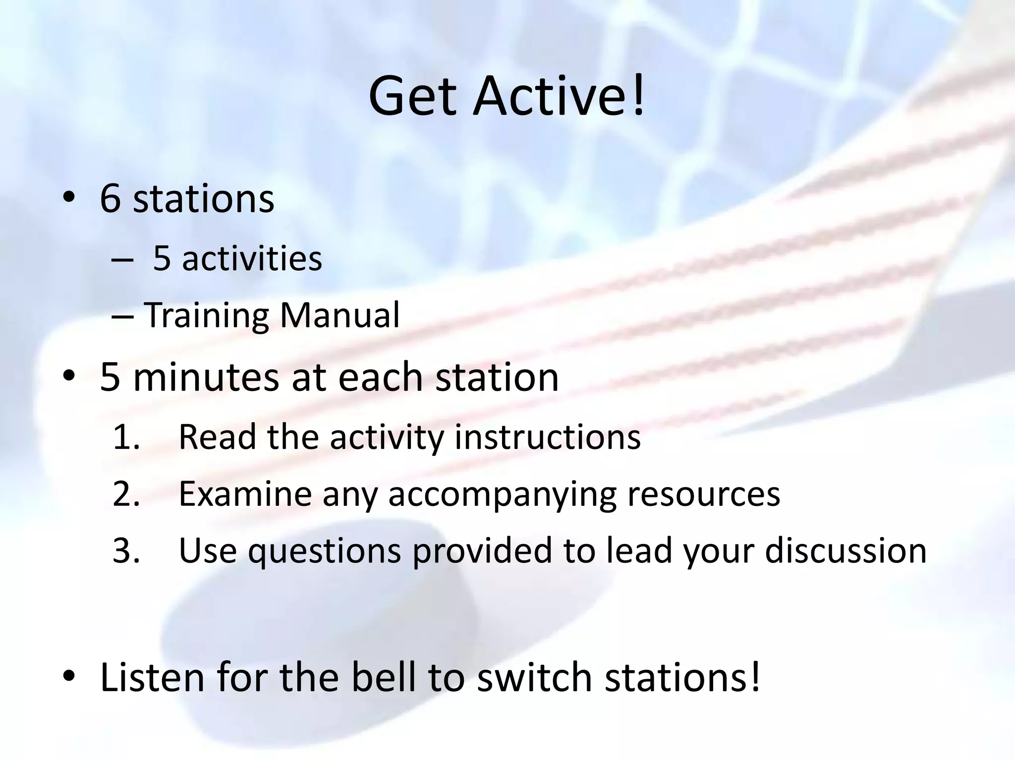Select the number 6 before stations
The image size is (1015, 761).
[x=111, y=199]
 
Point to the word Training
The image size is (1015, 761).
[x=206, y=316]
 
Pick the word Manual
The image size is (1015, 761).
[x=339, y=315]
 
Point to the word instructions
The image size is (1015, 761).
[x=547, y=437]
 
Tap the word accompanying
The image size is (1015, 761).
[x=502, y=494]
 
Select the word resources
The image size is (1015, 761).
[x=704, y=493]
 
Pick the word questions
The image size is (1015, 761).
[x=324, y=551]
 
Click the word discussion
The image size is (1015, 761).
[x=846, y=550]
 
